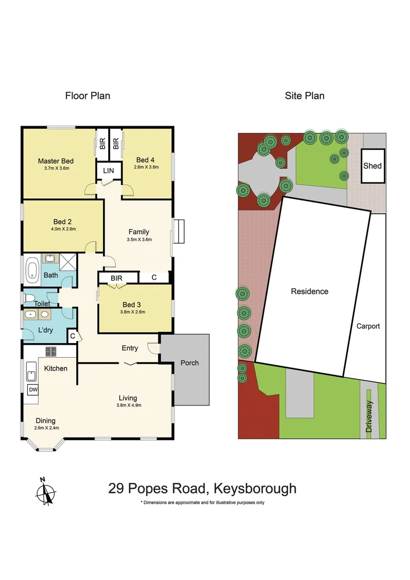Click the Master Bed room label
[x=55, y=161]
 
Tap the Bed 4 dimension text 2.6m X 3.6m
[x=148, y=168]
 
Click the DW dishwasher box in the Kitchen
[x=32, y=390]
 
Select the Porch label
[x=189, y=363]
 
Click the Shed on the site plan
[x=372, y=165]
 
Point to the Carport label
[x=368, y=326]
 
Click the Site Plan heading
[x=304, y=96]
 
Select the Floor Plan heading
[x=87, y=96]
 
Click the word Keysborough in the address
[x=255, y=489]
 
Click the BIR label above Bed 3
[x=116, y=278]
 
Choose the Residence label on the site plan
[x=309, y=292]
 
